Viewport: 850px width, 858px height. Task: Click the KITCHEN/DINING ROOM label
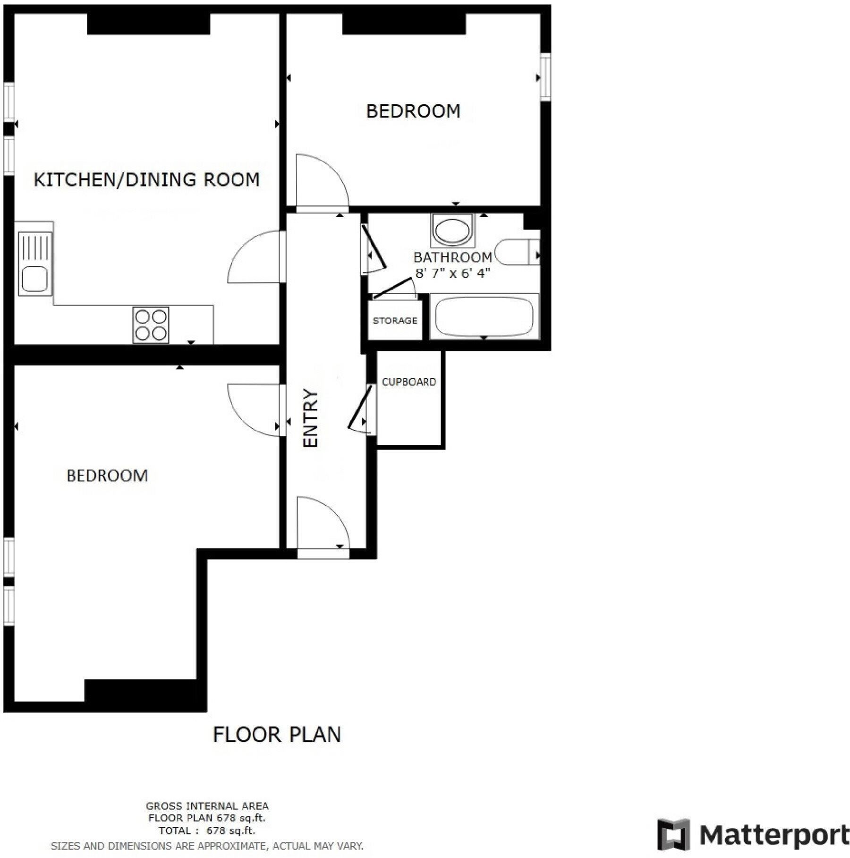[147, 180]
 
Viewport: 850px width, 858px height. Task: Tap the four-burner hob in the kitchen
[151, 325]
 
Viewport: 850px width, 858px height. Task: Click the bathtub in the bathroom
[484, 316]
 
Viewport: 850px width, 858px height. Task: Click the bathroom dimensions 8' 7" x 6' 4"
[452, 273]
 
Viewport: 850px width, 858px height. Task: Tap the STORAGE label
[395, 321]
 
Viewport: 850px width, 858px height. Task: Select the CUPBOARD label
[408, 382]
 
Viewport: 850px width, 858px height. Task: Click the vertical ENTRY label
[311, 418]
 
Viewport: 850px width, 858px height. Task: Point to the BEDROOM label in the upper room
[413, 111]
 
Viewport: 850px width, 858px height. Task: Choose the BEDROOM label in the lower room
[107, 476]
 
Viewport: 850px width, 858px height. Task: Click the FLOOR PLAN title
[277, 735]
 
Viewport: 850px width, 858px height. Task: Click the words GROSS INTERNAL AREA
[207, 806]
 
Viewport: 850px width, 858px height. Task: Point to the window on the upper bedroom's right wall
[545, 77]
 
